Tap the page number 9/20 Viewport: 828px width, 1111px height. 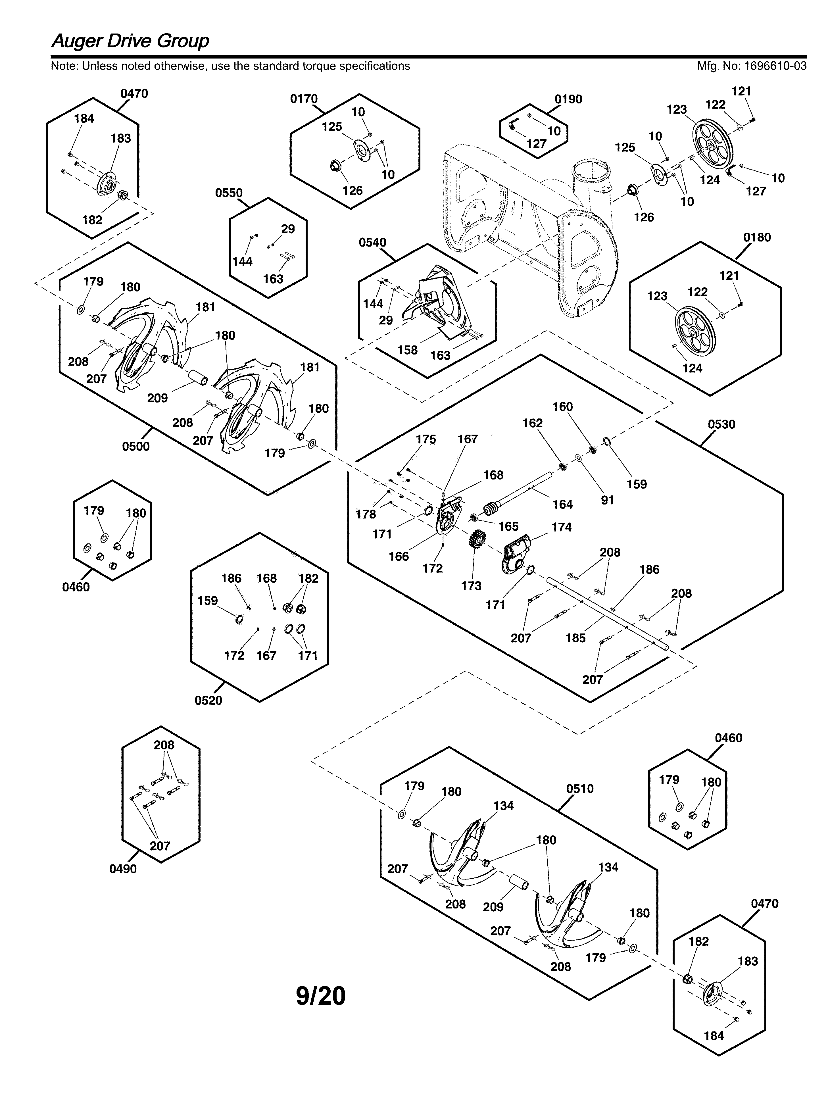321,996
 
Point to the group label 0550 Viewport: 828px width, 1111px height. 229,193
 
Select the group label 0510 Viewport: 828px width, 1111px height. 580,789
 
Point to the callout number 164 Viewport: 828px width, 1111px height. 562,505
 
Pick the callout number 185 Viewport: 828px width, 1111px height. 575,638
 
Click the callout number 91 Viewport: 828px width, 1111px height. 607,500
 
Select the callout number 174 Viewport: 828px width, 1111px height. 561,527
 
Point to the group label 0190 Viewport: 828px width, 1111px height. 568,99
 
